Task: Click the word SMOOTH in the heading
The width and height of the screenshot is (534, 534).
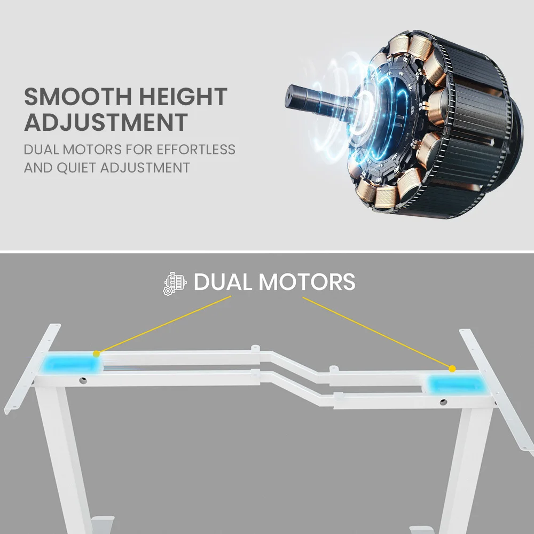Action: (x=78, y=97)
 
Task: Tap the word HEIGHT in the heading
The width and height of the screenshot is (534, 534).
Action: (x=183, y=97)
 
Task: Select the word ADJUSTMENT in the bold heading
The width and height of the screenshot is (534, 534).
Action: (x=106, y=122)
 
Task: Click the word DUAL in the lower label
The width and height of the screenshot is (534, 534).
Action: (x=224, y=282)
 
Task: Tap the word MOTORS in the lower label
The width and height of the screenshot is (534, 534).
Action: (x=307, y=282)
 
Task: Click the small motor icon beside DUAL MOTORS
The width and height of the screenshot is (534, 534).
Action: (x=175, y=283)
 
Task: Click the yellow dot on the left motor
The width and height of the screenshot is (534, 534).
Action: (x=96, y=354)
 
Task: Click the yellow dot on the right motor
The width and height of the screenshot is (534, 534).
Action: (x=452, y=368)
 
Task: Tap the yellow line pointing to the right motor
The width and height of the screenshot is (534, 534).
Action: (x=376, y=332)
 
